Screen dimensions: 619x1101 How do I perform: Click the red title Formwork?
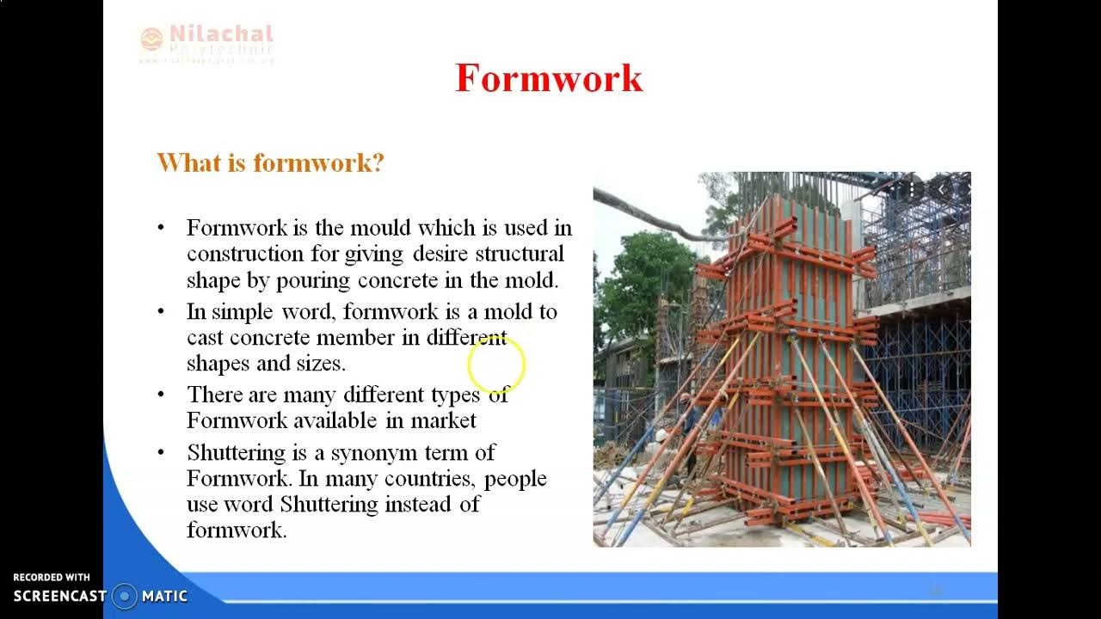pyautogui.click(x=549, y=78)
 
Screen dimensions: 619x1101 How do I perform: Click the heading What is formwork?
pyautogui.click(x=270, y=162)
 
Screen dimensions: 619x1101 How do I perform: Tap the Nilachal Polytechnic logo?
pyautogui.click(x=206, y=42)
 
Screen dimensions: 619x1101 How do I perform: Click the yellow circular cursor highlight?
pyautogui.click(x=496, y=365)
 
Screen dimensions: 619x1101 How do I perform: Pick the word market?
pyautogui.click(x=443, y=420)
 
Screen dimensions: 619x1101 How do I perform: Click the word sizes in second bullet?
pyautogui.click(x=320, y=364)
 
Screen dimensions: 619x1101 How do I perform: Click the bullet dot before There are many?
pyautogui.click(x=161, y=395)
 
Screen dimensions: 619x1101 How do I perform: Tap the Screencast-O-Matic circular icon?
pyautogui.click(x=125, y=596)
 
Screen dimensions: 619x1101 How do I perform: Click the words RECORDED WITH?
pyautogui.click(x=52, y=578)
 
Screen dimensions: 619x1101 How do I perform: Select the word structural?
pyautogui.click(x=520, y=254)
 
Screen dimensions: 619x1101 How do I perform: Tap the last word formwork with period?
pyautogui.click(x=237, y=530)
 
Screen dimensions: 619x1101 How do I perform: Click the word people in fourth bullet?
pyautogui.click(x=515, y=478)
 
